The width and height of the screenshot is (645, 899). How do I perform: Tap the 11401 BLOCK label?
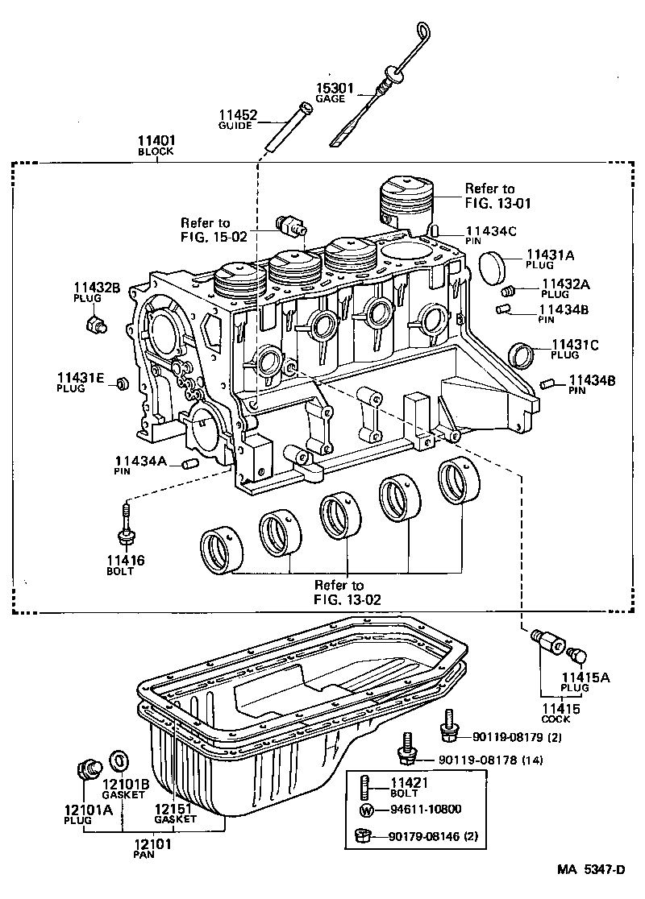pos(156,145)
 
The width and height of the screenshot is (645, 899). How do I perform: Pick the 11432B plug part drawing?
pos(96,325)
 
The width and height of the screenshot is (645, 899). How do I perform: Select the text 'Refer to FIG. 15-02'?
pos(205,230)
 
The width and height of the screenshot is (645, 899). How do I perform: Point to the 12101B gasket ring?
pos(118,759)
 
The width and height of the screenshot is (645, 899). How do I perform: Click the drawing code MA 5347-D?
pos(592,869)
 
